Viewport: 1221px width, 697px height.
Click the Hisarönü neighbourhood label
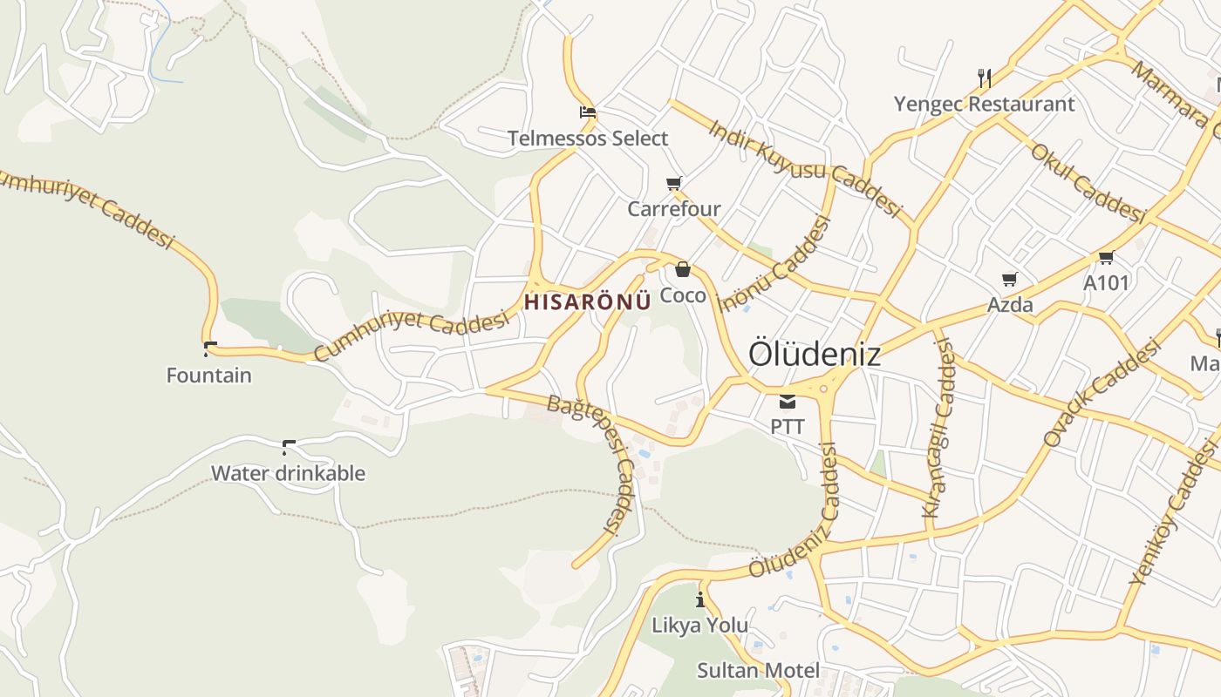tap(588, 301)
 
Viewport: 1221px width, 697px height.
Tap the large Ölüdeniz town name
tap(815, 355)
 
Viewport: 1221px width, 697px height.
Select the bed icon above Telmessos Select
tap(588, 112)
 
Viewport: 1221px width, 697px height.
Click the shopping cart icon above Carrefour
tap(673, 183)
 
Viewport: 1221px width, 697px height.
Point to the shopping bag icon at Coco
tap(683, 269)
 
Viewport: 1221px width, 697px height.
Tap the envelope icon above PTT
tap(788, 402)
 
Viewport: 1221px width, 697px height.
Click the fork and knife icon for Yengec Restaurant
tap(985, 78)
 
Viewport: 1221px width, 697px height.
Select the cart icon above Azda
tap(1010, 280)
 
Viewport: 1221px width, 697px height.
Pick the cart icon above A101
tap(1106, 257)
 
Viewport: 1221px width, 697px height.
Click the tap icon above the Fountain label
tap(209, 350)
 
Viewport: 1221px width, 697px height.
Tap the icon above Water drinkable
tap(288, 448)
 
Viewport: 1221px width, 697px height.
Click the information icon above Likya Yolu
tap(699, 599)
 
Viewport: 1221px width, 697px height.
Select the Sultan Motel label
tap(758, 670)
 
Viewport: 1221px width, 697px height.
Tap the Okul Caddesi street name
tap(1087, 182)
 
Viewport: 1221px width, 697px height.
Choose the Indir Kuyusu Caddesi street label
tap(803, 168)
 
